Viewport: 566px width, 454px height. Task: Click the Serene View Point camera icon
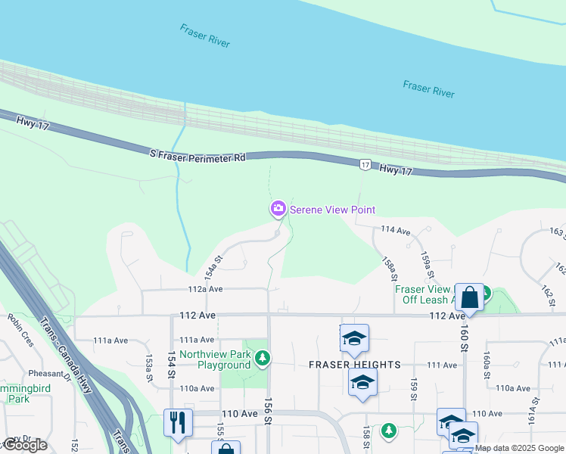point(278,209)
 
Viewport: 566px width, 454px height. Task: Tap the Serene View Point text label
point(332,210)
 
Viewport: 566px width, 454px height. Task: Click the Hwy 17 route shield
point(365,164)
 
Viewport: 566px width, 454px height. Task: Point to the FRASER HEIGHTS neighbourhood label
point(355,365)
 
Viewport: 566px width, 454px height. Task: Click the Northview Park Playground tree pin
point(262,356)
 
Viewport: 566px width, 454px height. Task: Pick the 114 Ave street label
point(395,229)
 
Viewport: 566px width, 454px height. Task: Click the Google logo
point(25,445)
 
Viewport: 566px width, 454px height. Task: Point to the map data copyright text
point(518,448)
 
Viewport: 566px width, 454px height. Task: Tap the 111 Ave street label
point(442,365)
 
